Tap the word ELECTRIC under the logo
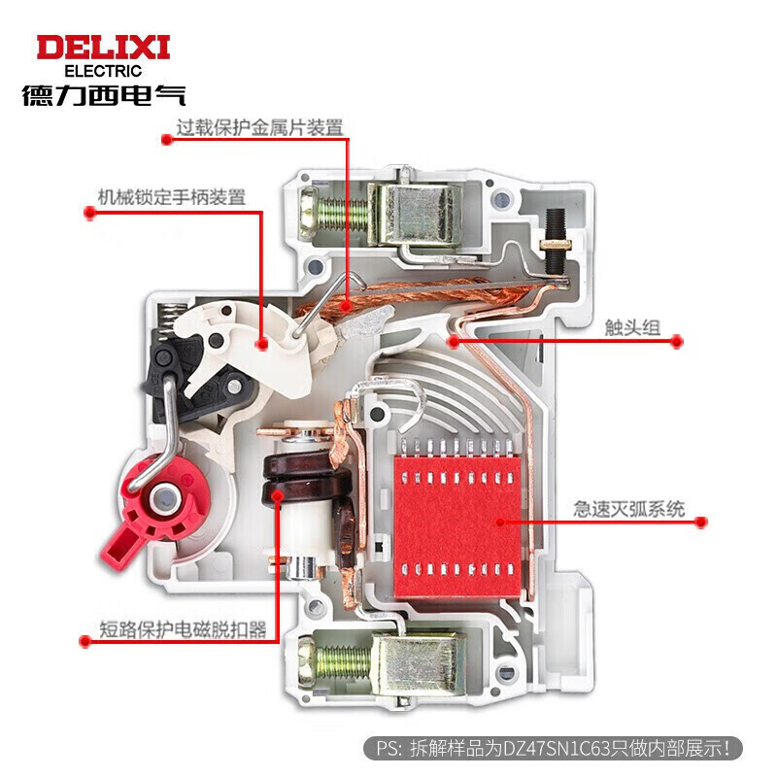[x=103, y=71]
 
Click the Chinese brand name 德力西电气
[x=103, y=95]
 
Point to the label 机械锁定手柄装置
[x=171, y=197]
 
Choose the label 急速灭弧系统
[x=628, y=508]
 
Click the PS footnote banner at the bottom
[x=555, y=748]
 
